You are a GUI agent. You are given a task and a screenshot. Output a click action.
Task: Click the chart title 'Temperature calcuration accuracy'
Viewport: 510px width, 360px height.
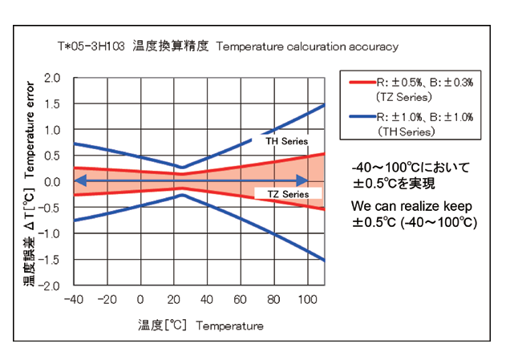pos(306,47)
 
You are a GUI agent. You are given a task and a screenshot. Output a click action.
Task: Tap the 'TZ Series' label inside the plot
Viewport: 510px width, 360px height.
pos(286,194)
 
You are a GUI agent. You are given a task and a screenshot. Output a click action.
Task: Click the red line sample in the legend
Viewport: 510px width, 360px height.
pos(359,82)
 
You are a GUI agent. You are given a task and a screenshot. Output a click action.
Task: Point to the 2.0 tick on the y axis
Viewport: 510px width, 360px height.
pos(53,79)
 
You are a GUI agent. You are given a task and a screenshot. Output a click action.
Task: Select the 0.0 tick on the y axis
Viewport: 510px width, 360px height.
pos(53,182)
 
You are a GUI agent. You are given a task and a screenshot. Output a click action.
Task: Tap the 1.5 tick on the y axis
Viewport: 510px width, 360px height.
pos(53,104)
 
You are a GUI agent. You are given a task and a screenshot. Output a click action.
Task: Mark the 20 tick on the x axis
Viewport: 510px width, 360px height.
pos(174,300)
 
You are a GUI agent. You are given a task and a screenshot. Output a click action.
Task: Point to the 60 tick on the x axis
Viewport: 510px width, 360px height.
pos(241,300)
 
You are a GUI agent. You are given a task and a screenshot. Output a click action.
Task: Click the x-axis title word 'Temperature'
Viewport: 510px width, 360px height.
pos(229,326)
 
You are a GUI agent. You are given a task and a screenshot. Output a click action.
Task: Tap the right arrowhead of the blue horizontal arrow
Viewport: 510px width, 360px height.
pos(303,181)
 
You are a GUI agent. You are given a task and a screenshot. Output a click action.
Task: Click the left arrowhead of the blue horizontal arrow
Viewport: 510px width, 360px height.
pos(79,181)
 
